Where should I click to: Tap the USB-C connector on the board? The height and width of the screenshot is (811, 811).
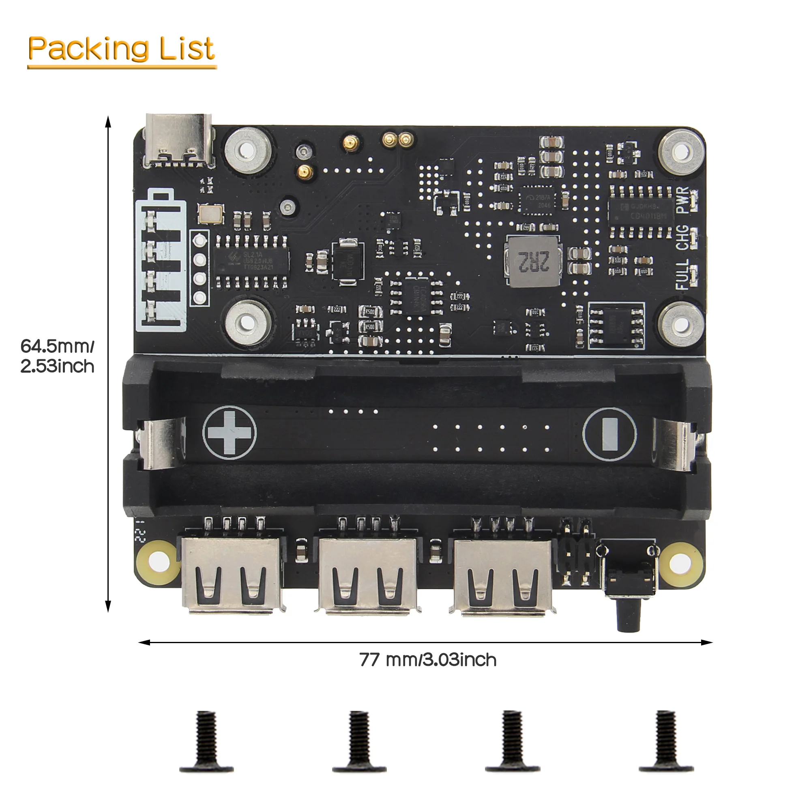(x=178, y=139)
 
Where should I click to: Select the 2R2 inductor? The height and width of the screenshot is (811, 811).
(x=533, y=261)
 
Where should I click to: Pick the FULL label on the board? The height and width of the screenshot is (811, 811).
(x=682, y=274)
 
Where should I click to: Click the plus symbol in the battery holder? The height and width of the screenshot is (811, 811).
(x=229, y=432)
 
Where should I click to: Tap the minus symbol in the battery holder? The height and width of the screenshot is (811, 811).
(x=609, y=434)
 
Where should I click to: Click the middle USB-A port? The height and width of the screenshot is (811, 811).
(x=368, y=575)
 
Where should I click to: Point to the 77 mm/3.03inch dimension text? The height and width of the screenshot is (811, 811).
(x=428, y=660)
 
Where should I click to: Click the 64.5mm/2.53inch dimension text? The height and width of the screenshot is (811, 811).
(x=58, y=356)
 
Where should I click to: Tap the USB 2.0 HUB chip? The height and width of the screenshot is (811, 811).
(x=252, y=261)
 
